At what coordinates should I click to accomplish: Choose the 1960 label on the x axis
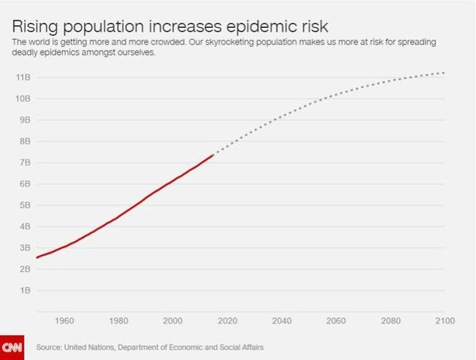point(64,320)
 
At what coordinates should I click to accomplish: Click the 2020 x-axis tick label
point(227,320)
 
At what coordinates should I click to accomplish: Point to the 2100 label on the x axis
point(444,320)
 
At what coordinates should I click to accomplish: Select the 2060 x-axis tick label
point(336,320)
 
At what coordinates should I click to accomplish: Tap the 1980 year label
point(118,320)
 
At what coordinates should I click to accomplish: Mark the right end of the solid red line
point(214,155)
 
